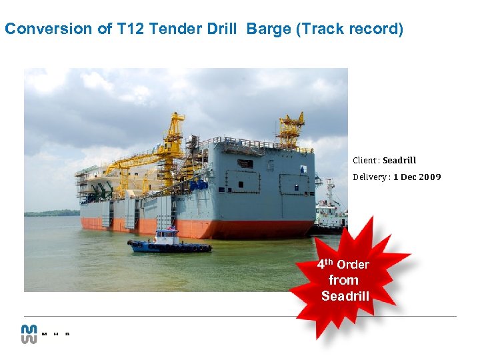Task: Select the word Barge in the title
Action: click(268, 29)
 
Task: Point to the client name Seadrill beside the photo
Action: click(399, 160)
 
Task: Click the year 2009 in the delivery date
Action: click(429, 177)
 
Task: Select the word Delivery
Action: click(370, 177)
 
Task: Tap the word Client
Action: click(365, 160)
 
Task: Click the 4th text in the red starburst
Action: click(325, 263)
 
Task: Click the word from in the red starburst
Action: click(343, 280)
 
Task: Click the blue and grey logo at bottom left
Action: click(29, 333)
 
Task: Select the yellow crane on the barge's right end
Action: click(291, 130)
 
